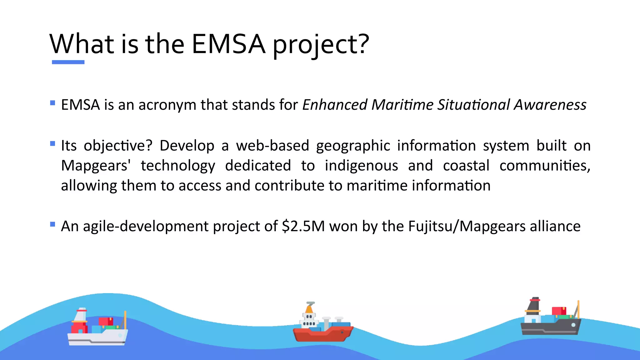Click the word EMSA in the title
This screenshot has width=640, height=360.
pos(228,44)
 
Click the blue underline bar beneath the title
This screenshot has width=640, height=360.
pos(68,62)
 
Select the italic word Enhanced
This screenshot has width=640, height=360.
pos(335,105)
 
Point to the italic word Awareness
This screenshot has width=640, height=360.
pos(550,105)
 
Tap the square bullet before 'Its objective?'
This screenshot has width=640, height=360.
pos(52,144)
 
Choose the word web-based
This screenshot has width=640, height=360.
pos(272,146)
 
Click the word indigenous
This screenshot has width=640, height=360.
pos(361,166)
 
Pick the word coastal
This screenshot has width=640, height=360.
pos(466,166)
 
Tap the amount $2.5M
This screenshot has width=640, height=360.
pos(303,226)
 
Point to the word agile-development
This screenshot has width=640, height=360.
pos(146,227)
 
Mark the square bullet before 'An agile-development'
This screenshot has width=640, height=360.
pos(52,224)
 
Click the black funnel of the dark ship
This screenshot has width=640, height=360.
pos(534,304)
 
